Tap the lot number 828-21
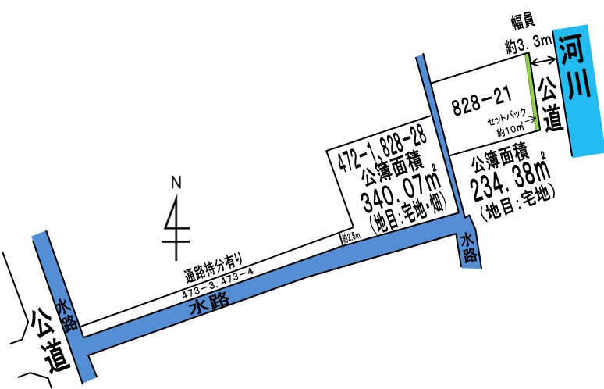click(x=482, y=100)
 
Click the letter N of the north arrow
click(x=176, y=182)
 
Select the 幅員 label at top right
click(x=523, y=21)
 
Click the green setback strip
click(x=533, y=91)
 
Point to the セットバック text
click(x=506, y=116)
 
